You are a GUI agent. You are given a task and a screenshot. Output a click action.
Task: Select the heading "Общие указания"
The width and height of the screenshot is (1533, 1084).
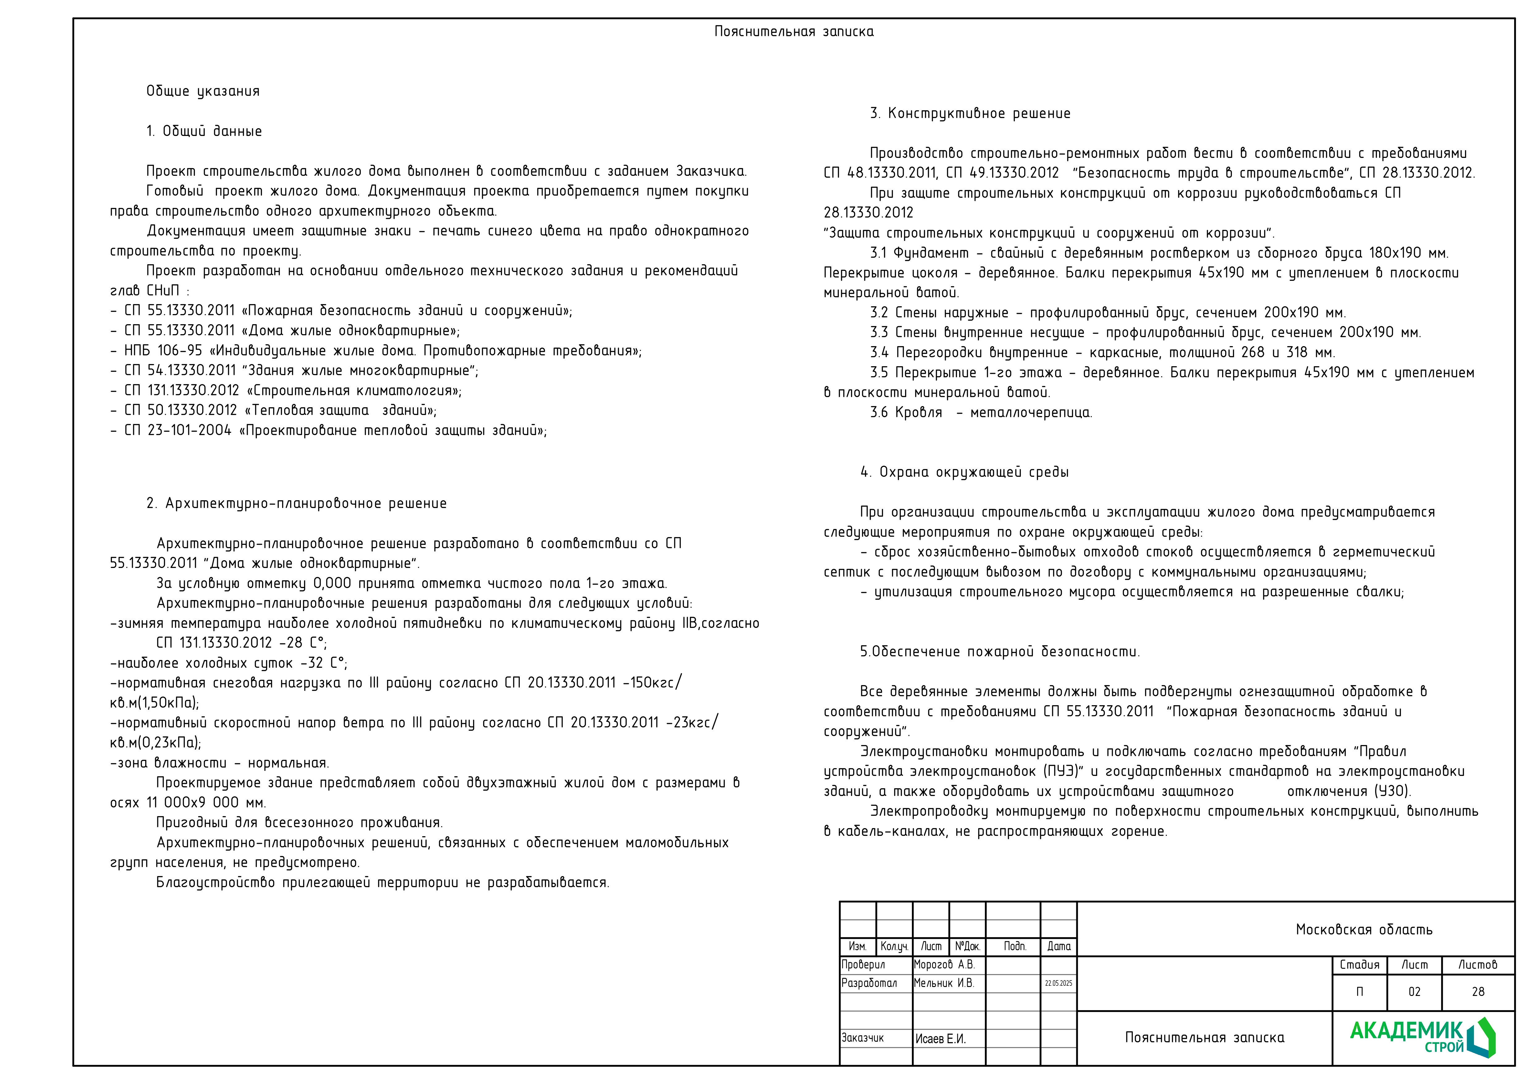[x=203, y=91]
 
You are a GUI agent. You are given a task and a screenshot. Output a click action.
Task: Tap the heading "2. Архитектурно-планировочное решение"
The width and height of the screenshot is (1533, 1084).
[x=296, y=503]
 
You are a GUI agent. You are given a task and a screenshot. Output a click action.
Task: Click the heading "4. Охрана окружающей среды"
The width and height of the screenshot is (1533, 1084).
[x=964, y=472]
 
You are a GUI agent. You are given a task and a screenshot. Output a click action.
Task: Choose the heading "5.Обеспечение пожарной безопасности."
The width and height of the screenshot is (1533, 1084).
[x=1000, y=651]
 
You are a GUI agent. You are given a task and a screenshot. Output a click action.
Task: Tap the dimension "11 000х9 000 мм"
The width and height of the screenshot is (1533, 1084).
[x=206, y=802]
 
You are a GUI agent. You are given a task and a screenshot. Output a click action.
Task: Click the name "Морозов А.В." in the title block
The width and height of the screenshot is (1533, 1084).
[x=944, y=964]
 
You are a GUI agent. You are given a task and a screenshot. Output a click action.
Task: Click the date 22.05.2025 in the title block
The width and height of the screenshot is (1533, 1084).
[x=1058, y=983]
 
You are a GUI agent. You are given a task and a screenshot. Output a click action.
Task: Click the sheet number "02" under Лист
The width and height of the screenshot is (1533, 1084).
[x=1414, y=992]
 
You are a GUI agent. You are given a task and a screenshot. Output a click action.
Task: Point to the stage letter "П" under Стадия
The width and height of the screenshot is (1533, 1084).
[x=1359, y=992]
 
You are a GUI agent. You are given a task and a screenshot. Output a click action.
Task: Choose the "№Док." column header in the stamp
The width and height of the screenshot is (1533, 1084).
[x=967, y=946]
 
